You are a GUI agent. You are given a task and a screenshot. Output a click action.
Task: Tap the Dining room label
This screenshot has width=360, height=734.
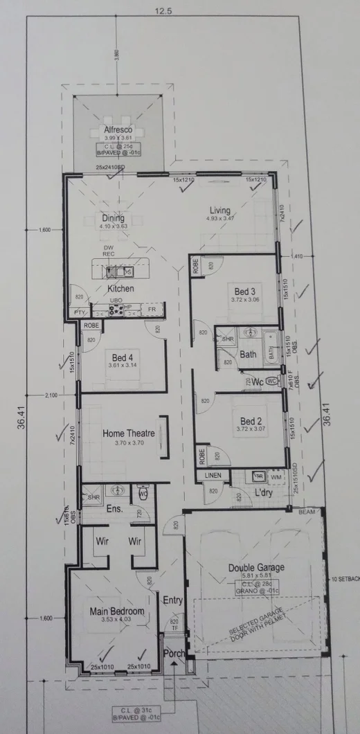[113, 218]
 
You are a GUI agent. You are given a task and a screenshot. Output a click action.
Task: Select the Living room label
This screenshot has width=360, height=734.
[220, 211]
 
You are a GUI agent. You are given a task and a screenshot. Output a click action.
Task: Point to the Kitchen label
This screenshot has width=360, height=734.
[120, 288]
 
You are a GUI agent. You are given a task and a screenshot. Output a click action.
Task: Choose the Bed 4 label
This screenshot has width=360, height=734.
[122, 357]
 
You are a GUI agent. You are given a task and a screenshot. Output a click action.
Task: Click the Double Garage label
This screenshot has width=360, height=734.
[256, 568]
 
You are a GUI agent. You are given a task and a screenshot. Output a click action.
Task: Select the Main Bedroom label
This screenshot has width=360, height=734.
[117, 611]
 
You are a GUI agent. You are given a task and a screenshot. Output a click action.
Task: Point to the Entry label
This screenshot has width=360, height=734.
[172, 600]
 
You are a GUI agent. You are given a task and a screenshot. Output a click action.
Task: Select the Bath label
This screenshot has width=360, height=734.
[248, 355]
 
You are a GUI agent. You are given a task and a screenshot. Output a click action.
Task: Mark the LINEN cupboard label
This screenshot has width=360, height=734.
[213, 475]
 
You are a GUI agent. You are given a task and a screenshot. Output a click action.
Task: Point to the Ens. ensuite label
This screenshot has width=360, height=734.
[114, 509]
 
